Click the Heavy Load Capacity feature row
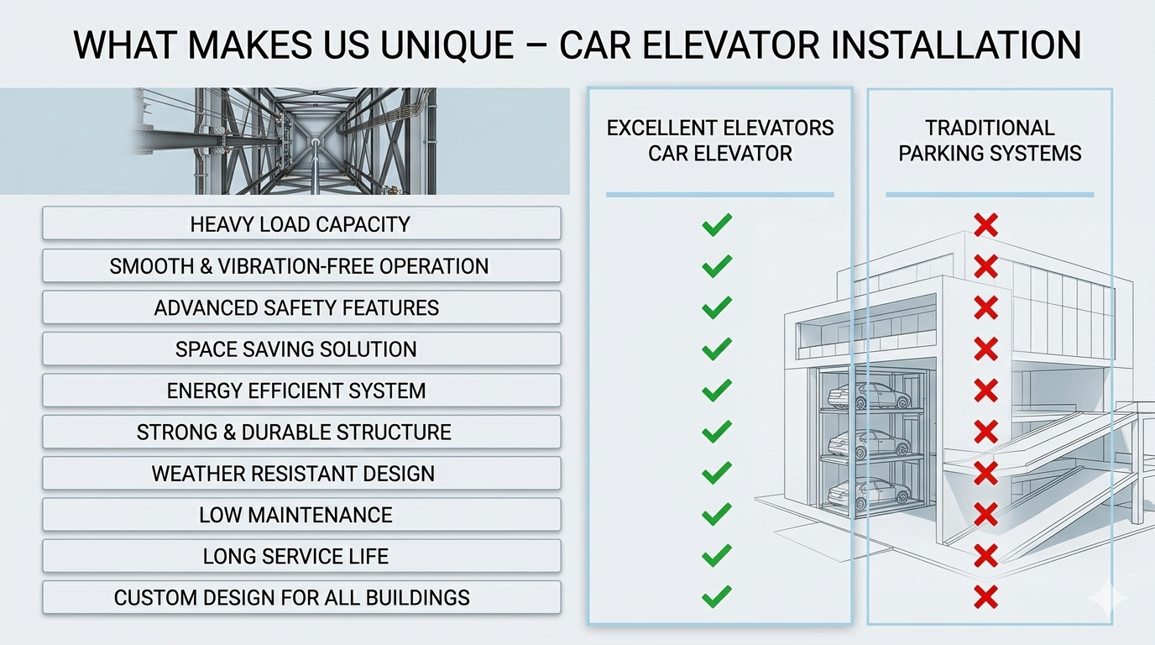pos(301,224)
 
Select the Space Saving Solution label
pos(301,349)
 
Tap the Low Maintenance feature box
pos(301,515)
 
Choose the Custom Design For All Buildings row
pos(301,598)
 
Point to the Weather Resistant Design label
pos(301,474)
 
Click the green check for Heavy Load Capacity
pos(717,224)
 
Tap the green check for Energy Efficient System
pos(717,391)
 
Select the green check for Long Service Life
pos(717,556)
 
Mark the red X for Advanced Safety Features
pos(986,307)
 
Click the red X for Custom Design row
pos(986,598)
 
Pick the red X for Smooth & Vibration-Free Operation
pos(986,266)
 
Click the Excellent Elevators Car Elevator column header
pos(720,140)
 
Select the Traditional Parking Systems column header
pos(990,140)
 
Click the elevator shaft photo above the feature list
pos(285,141)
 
